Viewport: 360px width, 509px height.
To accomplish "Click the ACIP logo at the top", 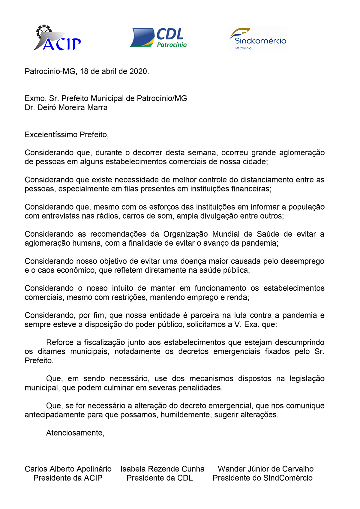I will [57, 38].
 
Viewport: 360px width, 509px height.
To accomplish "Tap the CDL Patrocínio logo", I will [158, 38].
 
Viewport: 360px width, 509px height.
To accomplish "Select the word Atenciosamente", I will [75, 433].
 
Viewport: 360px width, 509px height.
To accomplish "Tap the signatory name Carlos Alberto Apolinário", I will [68, 469].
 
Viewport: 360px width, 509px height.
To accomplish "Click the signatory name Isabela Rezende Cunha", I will [162, 469].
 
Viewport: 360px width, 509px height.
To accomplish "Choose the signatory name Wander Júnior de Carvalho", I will [265, 469].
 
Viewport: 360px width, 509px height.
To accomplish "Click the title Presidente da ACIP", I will [68, 478].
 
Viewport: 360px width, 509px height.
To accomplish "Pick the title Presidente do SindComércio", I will [262, 478].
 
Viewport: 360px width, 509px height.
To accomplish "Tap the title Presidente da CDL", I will [160, 478].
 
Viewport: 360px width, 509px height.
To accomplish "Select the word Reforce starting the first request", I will [60, 343].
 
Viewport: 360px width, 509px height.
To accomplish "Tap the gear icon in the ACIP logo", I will [43, 31].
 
